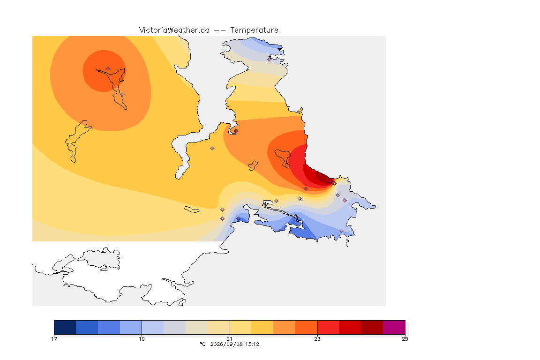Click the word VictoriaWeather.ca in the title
click(x=174, y=30)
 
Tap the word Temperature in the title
click(x=254, y=30)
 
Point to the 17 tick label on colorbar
click(x=54, y=339)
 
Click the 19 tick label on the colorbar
click(x=142, y=339)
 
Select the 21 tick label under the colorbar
click(x=229, y=339)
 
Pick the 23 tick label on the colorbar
click(x=317, y=339)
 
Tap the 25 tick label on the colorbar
click(x=405, y=339)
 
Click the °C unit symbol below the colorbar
click(x=202, y=344)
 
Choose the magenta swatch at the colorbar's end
click(x=394, y=327)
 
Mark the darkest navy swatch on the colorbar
click(x=65, y=327)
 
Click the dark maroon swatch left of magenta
click(x=372, y=327)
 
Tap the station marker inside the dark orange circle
click(x=108, y=69)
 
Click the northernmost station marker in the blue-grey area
click(x=270, y=59)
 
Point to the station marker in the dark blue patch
click(x=238, y=219)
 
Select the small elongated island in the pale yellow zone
click(x=192, y=210)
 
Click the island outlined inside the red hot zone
click(x=283, y=158)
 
